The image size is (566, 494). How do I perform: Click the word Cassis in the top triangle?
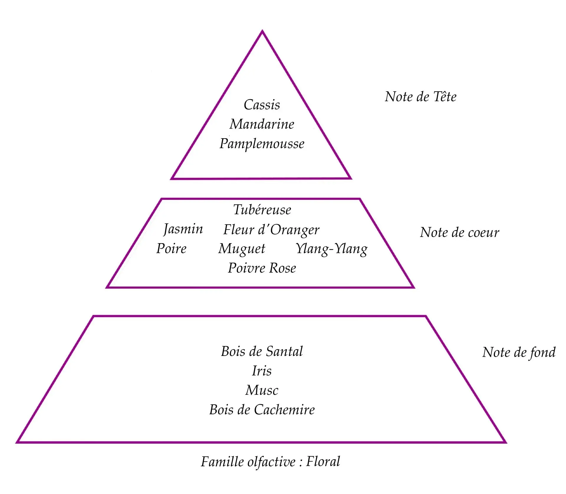click(262, 105)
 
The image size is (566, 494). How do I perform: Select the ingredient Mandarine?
click(262, 124)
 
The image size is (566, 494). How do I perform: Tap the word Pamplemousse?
click(262, 144)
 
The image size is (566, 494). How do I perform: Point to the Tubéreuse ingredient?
click(262, 210)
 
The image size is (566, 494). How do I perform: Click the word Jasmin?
click(183, 229)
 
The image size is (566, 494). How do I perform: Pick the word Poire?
click(171, 248)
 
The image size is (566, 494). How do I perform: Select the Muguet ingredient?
click(242, 249)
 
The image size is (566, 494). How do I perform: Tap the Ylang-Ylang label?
click(332, 249)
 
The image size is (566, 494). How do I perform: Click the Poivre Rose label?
click(262, 268)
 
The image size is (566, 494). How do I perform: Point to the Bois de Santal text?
click(262, 351)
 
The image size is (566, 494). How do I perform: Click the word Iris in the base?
click(262, 371)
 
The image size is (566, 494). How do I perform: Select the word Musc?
click(262, 390)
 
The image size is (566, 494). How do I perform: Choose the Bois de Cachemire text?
click(262, 410)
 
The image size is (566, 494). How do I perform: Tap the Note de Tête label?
click(421, 97)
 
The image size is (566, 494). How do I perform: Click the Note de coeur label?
click(460, 232)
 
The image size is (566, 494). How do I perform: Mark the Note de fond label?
click(519, 353)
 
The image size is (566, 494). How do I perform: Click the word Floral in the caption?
click(323, 461)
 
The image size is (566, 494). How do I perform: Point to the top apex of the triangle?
click(262, 31)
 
